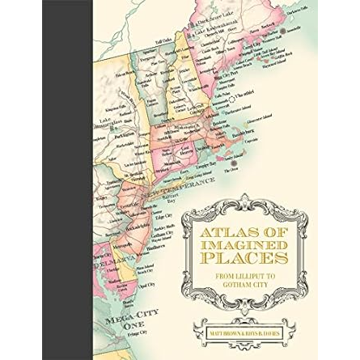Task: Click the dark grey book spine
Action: click(x=54, y=180)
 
